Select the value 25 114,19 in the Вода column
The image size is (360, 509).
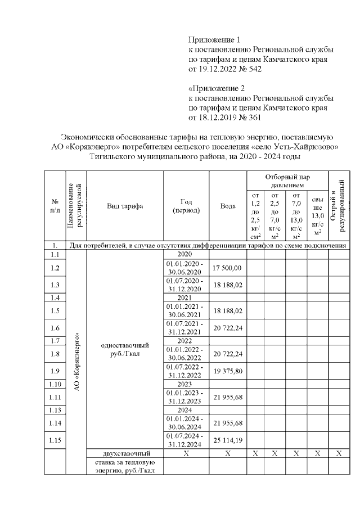[x=227, y=440]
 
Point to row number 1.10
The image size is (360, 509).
[x=55, y=385]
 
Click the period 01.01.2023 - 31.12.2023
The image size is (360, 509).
[x=186, y=397]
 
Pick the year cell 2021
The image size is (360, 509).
[x=186, y=297]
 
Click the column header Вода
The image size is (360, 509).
[x=227, y=206]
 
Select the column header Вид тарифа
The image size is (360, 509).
[x=125, y=206]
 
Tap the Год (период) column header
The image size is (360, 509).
[x=186, y=206]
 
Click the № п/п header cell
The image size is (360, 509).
[x=55, y=206]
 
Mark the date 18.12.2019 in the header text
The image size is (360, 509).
[x=216, y=118]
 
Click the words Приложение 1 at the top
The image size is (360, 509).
[x=214, y=40]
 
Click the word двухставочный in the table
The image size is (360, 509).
[x=125, y=453]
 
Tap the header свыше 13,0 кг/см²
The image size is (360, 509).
[x=318, y=217]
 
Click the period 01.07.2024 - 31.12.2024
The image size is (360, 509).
[x=186, y=440]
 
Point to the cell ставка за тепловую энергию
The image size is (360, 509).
[x=125, y=467]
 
